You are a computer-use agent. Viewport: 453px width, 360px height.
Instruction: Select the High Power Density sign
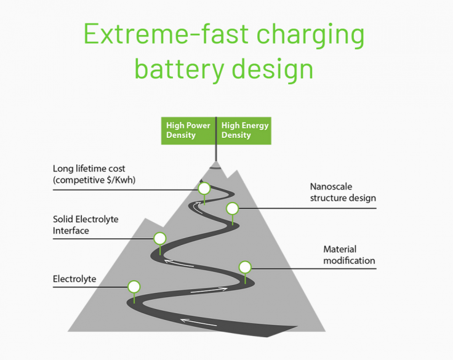tap(188, 130)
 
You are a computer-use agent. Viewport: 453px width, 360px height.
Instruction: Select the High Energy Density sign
tap(244, 130)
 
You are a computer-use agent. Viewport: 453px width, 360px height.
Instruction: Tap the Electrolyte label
tap(74, 279)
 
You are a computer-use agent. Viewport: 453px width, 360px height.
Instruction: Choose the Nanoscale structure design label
tap(343, 192)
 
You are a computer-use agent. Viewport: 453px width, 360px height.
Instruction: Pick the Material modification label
tap(349, 255)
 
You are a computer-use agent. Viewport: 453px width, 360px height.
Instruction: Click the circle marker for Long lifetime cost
tap(204, 188)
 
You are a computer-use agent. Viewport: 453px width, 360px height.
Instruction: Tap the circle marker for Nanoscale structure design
tap(232, 209)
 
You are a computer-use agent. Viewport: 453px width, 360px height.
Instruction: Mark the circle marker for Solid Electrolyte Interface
tap(160, 238)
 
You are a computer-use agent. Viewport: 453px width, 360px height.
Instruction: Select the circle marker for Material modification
tap(245, 267)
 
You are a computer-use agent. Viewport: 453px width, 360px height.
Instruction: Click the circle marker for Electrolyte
tap(134, 287)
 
